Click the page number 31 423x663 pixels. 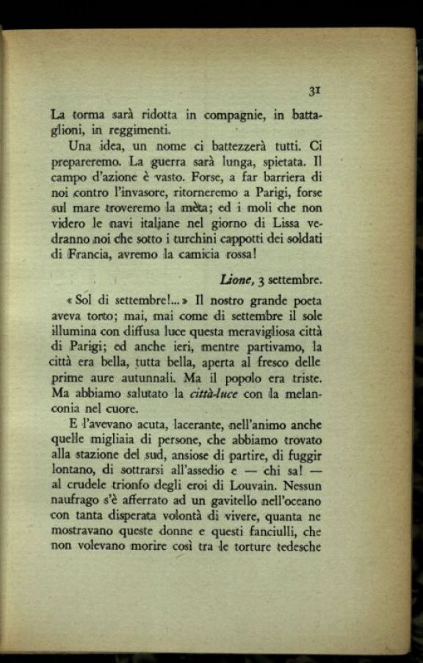pos(315,90)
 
